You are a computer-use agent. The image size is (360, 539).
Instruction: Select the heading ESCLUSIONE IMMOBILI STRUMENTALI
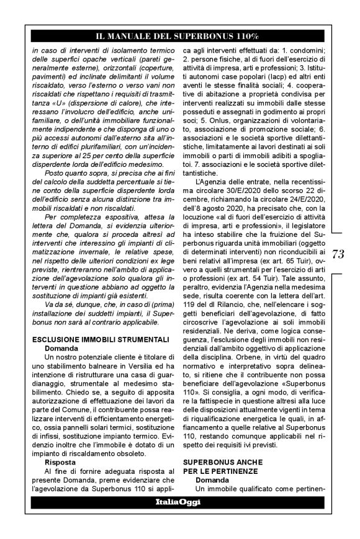coord(92,339)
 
